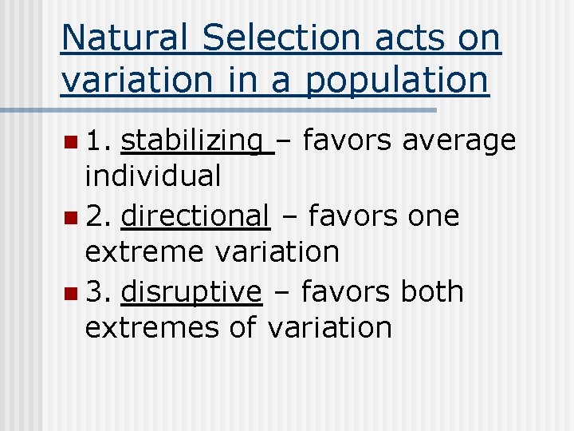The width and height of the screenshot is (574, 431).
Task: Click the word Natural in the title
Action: pyautogui.click(x=124, y=38)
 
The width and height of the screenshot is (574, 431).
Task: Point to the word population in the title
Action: pyautogui.click(x=398, y=81)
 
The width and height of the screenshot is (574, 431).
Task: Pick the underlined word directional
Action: pyautogui.click(x=195, y=215)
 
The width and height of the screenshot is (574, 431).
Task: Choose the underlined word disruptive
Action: pyautogui.click(x=191, y=291)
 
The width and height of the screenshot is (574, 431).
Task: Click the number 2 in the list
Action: pyautogui.click(x=96, y=215)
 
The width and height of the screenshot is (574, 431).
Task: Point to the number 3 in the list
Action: pyautogui.click(x=96, y=291)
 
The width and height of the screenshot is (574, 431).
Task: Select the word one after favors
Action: pyautogui.click(x=433, y=215)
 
